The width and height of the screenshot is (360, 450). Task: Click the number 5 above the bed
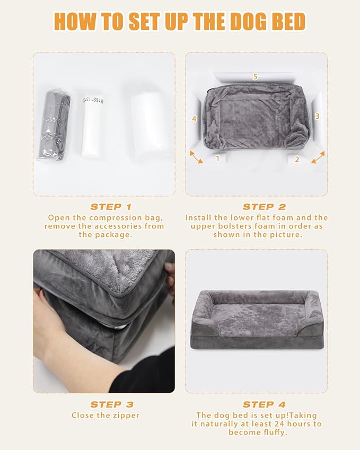tap(255, 77)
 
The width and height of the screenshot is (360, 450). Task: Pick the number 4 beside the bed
tap(195, 119)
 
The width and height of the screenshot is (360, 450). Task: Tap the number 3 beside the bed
tap(317, 116)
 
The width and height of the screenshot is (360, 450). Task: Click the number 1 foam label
tap(217, 158)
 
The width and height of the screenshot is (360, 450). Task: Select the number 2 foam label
tap(297, 158)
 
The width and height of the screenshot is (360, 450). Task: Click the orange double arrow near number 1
tap(196, 157)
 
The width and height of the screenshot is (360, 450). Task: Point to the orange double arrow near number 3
tap(318, 157)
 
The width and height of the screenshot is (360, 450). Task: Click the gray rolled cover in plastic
tap(56, 126)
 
